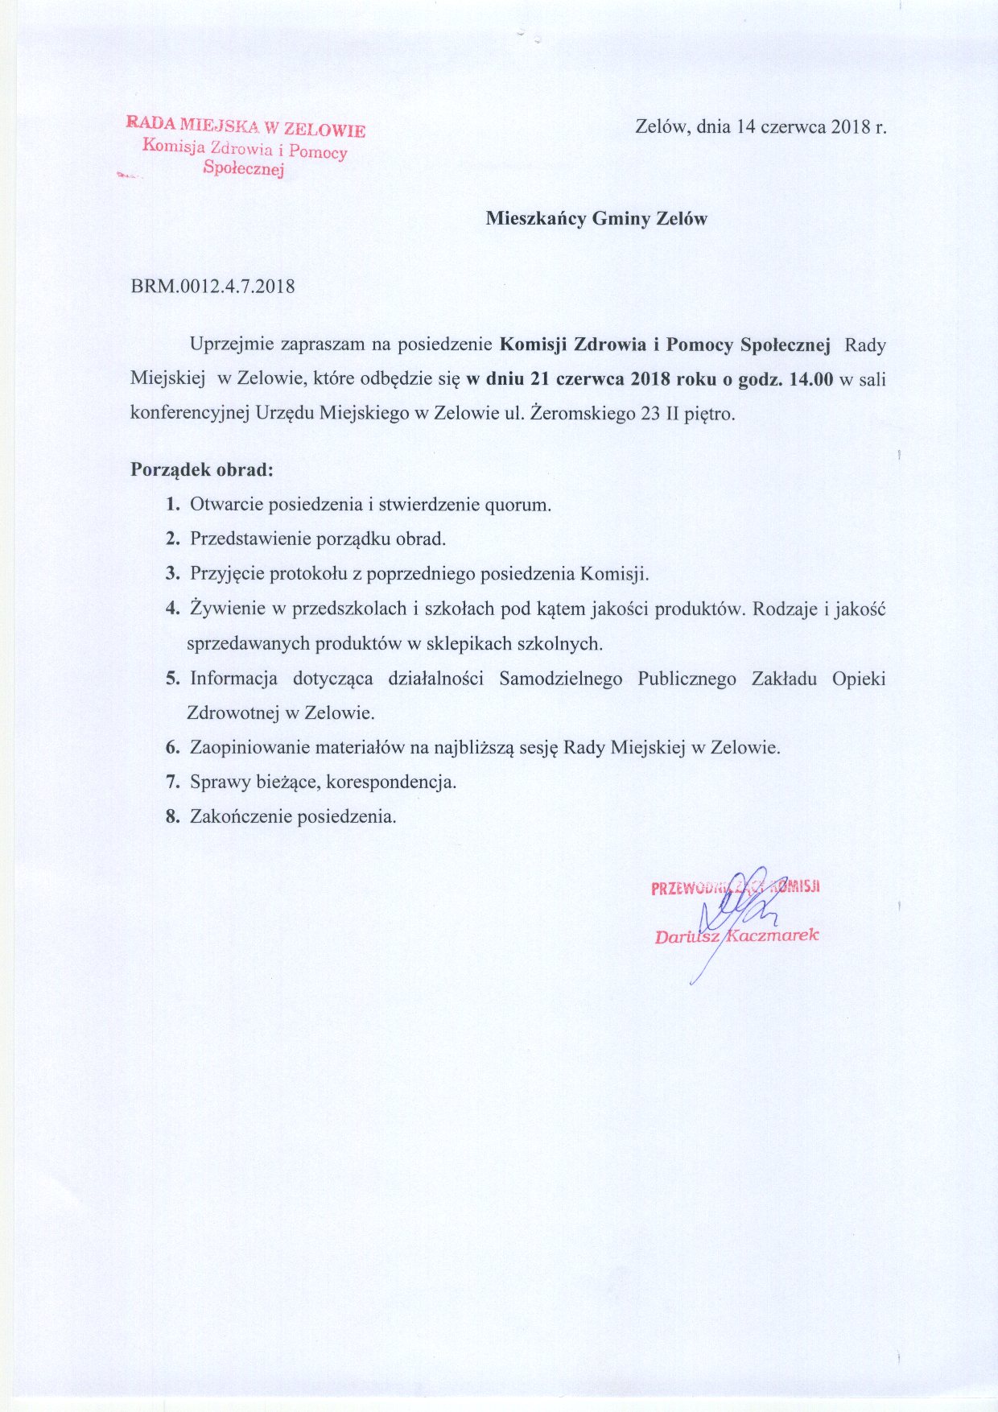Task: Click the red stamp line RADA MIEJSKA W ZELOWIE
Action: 245,126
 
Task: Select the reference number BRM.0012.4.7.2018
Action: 212,286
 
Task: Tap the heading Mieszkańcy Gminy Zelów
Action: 596,218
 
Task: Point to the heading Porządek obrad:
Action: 202,469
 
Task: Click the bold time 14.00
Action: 811,379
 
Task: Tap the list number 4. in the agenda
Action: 172,609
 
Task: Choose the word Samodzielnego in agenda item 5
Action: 560,679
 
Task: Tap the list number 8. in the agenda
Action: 172,816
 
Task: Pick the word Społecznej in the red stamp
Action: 245,169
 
